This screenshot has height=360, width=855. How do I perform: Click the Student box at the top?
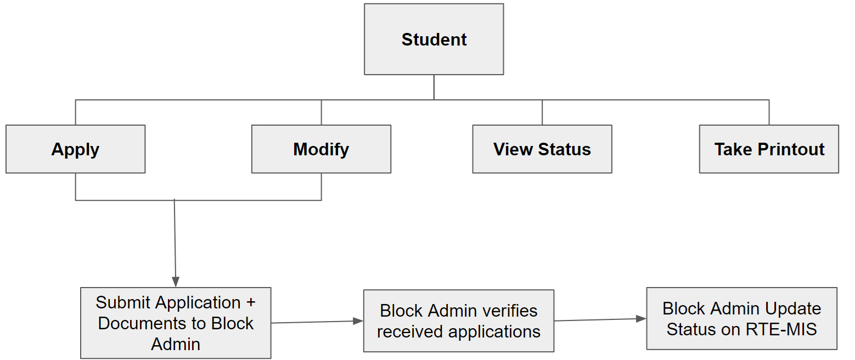434,40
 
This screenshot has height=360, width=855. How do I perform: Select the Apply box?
75,149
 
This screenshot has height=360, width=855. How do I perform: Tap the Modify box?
321,149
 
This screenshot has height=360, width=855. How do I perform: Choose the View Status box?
542,149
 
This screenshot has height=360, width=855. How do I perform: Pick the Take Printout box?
769,149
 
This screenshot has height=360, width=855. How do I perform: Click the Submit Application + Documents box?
176,323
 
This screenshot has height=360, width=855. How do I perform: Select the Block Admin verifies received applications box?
458,321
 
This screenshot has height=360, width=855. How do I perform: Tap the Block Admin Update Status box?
741,318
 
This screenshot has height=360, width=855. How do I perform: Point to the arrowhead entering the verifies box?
358,321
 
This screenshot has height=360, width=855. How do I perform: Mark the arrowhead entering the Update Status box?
642,318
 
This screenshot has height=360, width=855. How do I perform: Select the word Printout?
791,149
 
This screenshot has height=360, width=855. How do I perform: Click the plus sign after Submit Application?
250,302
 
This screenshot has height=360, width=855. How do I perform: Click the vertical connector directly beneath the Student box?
434,87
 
